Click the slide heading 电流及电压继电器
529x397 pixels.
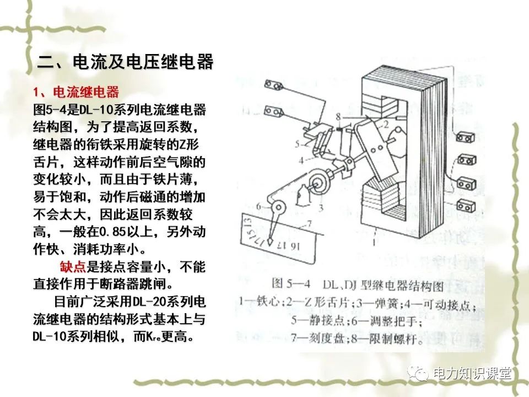tap(126, 61)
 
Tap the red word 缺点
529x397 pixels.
tap(72, 268)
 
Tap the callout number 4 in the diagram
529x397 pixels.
tap(301, 160)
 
